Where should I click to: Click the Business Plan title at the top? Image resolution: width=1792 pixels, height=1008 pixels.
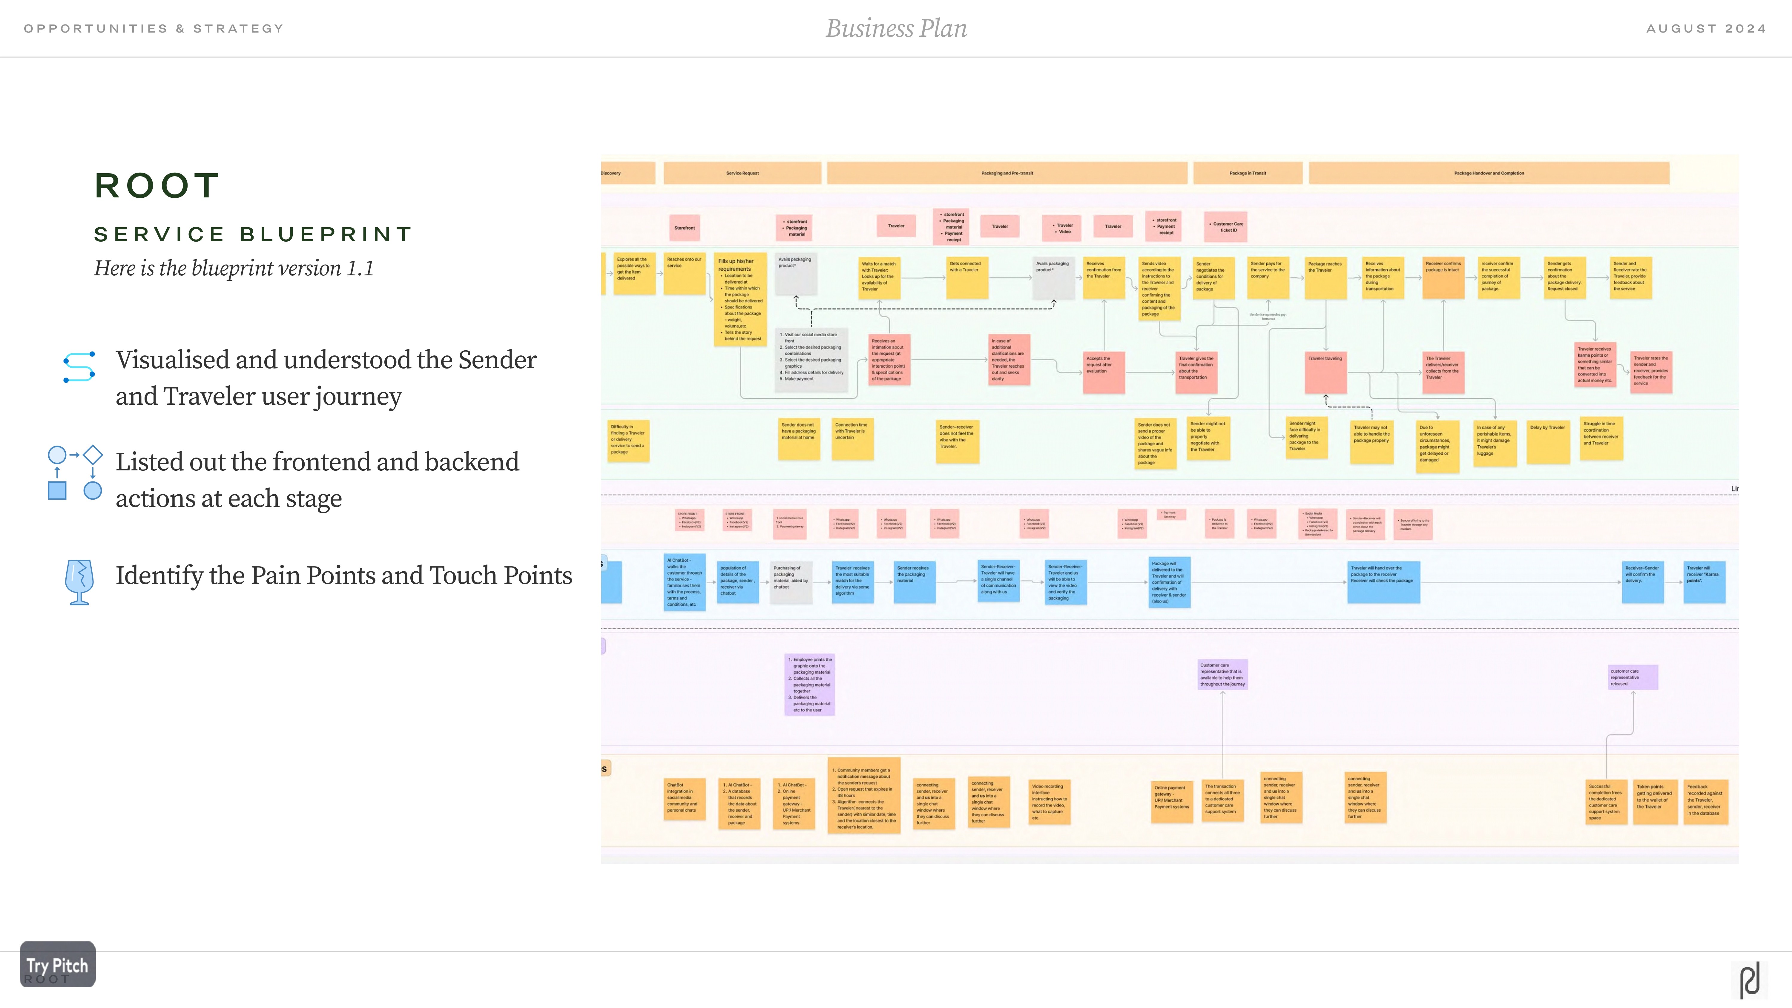click(x=896, y=28)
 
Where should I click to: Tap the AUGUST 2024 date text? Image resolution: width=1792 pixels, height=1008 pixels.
click(x=1706, y=28)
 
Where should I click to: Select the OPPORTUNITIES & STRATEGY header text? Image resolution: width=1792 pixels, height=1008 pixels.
click(x=154, y=28)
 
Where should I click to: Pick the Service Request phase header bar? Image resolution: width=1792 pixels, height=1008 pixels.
click(x=742, y=173)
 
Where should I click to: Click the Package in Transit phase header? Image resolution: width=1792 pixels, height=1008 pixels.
click(x=1247, y=173)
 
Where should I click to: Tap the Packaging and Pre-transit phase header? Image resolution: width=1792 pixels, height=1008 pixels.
click(x=1007, y=173)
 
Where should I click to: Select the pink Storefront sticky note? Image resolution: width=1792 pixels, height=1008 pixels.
click(x=685, y=228)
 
